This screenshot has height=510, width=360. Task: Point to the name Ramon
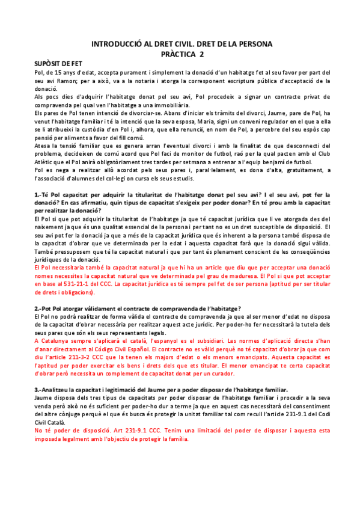pyautogui.click(x=66, y=80)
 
